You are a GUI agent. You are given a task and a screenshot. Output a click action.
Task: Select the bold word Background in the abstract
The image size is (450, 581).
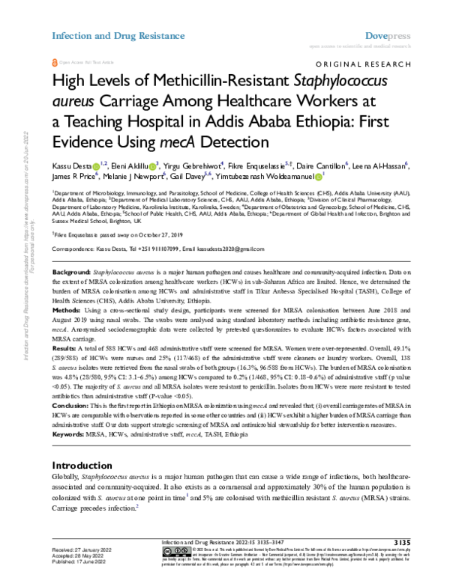(72, 267)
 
